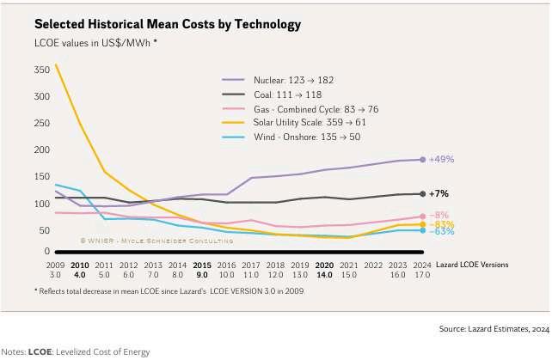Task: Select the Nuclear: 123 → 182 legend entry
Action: [287, 80]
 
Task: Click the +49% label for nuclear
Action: [442, 160]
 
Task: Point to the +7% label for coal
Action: [439, 194]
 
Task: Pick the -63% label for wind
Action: [441, 231]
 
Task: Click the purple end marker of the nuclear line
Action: [422, 160]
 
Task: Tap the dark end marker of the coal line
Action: [422, 194]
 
